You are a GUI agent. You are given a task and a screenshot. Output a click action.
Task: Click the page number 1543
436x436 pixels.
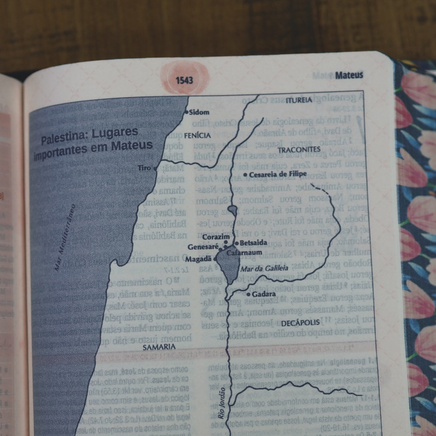click(184, 81)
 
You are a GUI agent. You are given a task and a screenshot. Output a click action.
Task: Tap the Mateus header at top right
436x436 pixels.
click(349, 75)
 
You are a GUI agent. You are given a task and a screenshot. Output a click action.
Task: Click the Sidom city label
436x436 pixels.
click(199, 112)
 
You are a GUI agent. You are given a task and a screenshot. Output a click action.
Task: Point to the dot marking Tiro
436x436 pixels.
click(155, 168)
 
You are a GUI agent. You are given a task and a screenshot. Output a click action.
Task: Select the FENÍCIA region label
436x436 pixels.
click(197, 136)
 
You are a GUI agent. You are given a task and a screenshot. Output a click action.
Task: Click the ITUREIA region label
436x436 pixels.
click(299, 100)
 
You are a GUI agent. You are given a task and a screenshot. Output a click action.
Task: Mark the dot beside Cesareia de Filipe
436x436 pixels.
click(245, 175)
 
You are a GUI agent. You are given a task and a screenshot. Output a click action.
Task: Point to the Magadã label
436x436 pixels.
click(201, 259)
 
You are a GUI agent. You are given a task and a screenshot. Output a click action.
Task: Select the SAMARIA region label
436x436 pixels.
click(159, 347)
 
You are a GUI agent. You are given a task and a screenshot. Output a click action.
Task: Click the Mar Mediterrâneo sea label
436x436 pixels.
click(65, 238)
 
